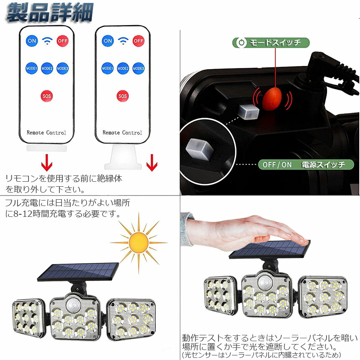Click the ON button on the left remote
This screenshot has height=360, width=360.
tap(32, 41)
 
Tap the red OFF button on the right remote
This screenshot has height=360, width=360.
tap(139, 41)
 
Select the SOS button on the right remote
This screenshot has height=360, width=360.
tap(123, 96)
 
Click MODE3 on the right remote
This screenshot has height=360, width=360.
tap(139, 68)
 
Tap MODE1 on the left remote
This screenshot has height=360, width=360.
tap(31, 68)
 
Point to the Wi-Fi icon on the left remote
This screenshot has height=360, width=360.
tap(47, 41)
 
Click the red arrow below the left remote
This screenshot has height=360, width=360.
tap(46, 162)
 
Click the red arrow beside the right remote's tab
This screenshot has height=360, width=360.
tap(152, 162)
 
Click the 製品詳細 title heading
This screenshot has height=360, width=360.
tap(50, 13)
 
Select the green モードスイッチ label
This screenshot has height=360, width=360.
tap(271, 43)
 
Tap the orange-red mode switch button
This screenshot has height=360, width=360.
tap(272, 98)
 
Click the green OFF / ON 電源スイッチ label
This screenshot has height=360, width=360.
tap(306, 165)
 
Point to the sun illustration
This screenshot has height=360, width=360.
tap(139, 243)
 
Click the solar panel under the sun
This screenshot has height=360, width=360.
tap(78, 272)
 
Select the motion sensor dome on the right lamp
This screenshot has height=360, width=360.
tap(265, 283)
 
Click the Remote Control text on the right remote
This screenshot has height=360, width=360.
tap(122, 132)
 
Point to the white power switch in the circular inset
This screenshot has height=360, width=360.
tap(199, 149)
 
